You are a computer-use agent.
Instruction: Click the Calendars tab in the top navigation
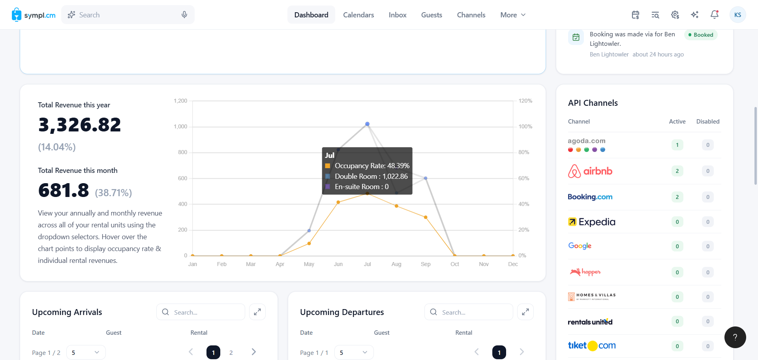click(x=358, y=15)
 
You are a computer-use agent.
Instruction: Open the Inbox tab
click(x=398, y=15)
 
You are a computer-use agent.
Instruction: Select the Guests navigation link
click(x=432, y=15)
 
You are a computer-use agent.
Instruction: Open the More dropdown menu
click(x=513, y=15)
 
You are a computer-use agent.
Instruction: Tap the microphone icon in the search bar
click(x=184, y=15)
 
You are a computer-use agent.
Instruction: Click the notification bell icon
click(x=715, y=15)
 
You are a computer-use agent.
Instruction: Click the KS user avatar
click(x=737, y=15)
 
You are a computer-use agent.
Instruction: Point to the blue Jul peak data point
click(x=367, y=124)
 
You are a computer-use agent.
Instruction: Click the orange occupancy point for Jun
click(x=338, y=202)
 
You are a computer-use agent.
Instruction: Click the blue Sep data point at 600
click(x=426, y=178)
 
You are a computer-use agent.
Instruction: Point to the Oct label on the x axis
click(x=455, y=264)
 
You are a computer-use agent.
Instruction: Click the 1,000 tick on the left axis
click(x=180, y=126)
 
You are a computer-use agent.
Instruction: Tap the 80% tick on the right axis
click(x=524, y=152)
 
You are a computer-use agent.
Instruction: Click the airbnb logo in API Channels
click(x=590, y=171)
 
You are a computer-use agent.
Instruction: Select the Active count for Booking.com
click(x=677, y=197)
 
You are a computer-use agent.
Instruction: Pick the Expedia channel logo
click(x=591, y=222)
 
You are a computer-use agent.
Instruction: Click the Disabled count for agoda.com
click(x=708, y=145)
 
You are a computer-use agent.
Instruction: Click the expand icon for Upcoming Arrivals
click(x=257, y=312)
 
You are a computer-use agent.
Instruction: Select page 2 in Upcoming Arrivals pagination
click(x=231, y=352)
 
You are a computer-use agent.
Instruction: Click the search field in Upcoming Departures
click(x=469, y=312)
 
